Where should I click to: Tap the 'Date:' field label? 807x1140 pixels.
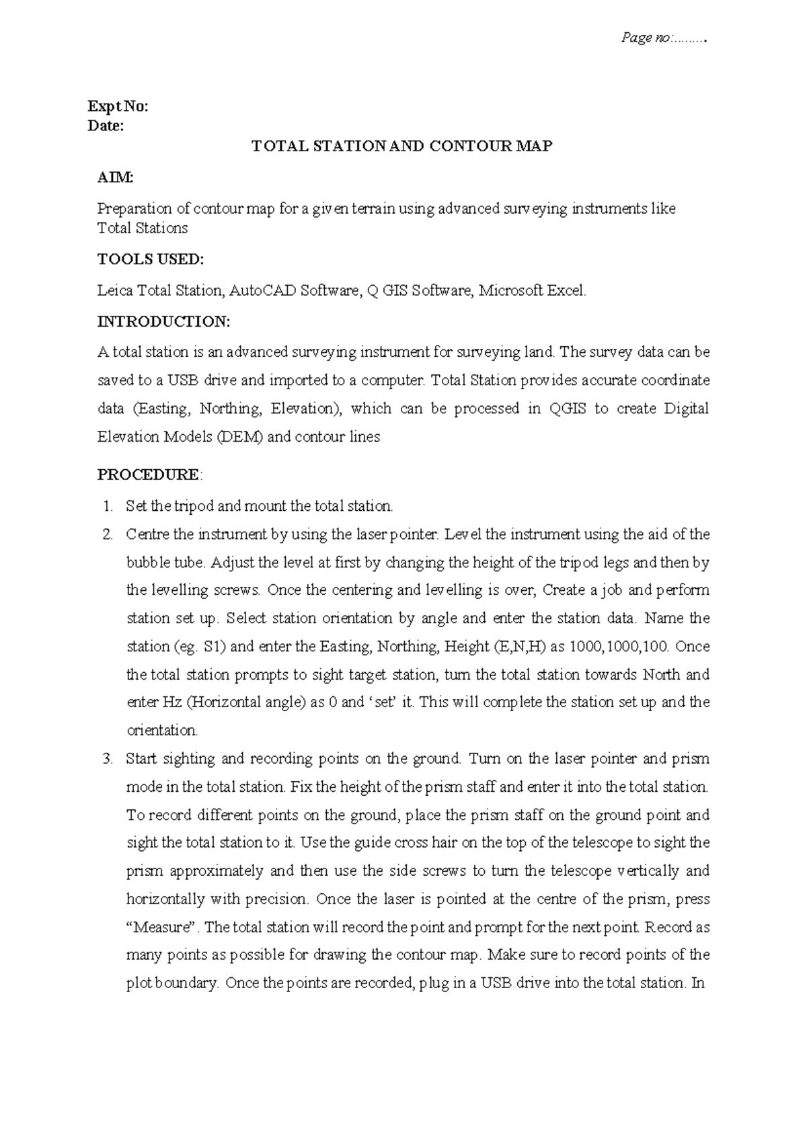[106, 126]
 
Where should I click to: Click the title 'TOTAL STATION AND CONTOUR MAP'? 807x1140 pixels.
[401, 147]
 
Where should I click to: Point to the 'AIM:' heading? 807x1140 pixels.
[115, 177]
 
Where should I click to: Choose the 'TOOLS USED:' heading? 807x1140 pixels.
[150, 259]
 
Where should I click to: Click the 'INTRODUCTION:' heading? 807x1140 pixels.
[163, 321]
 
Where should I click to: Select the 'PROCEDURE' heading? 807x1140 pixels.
[148, 475]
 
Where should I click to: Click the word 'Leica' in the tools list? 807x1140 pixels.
[115, 291]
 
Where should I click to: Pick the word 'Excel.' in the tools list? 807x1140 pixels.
[566, 291]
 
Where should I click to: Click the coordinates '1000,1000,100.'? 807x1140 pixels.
[619, 647]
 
